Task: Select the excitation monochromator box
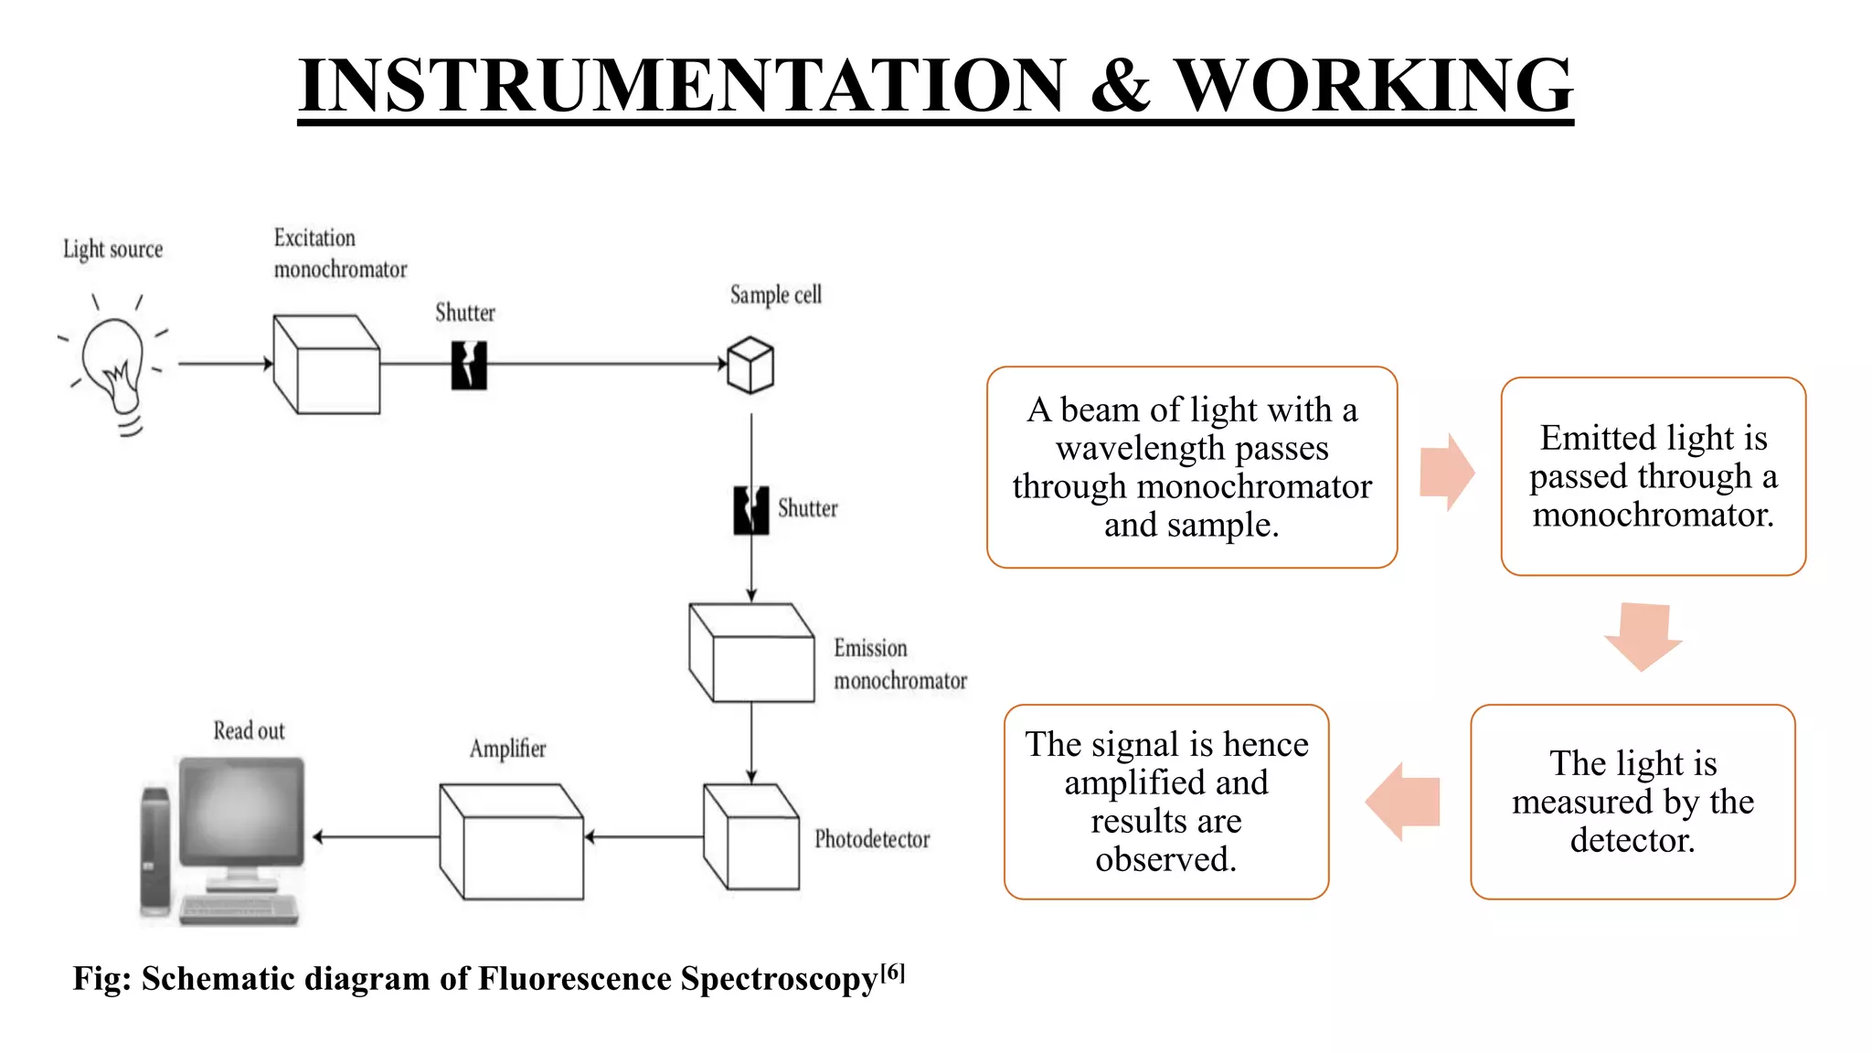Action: (326, 365)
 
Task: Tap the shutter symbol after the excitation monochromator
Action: (469, 366)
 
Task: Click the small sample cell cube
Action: (750, 366)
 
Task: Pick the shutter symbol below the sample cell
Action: (751, 510)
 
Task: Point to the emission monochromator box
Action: (751, 653)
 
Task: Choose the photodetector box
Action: (751, 836)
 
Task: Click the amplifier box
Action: (511, 841)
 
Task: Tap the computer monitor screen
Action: (241, 812)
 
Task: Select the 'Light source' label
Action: (112, 250)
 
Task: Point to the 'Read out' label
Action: (249, 731)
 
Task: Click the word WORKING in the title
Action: (1373, 85)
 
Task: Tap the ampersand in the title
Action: (1120, 85)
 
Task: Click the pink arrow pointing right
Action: (1446, 472)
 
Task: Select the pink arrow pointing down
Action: (1643, 636)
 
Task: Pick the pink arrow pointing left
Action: (1403, 802)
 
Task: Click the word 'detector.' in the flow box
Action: (1633, 840)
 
